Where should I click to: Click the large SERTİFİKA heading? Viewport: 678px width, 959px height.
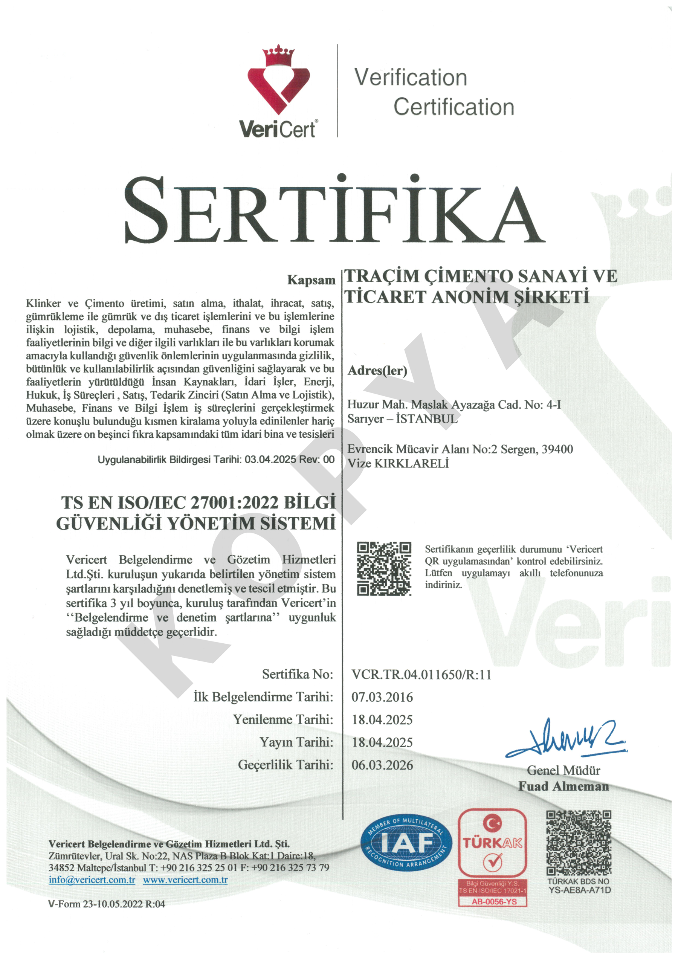[x=334, y=211]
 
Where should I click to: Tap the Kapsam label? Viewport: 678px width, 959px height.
[x=311, y=280]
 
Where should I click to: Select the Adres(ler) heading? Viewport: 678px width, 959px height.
[x=377, y=371]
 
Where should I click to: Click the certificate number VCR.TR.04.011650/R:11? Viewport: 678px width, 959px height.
[x=421, y=675]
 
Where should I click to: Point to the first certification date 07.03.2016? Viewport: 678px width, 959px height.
[x=382, y=697]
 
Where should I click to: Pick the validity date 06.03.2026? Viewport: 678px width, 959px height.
[x=382, y=765]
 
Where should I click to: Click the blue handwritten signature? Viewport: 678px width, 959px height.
[x=566, y=739]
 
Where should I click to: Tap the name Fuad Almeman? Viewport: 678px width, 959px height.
[x=563, y=786]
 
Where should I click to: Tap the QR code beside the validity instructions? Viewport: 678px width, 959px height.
[x=383, y=568]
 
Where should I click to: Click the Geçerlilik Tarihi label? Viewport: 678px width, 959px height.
[x=285, y=765]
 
